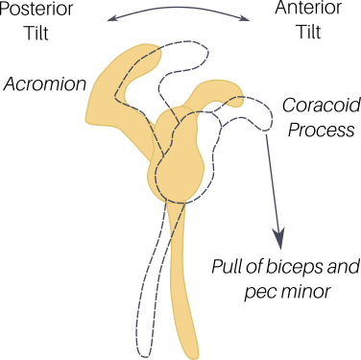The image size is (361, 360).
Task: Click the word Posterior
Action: coord(36,9)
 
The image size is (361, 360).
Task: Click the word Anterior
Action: coord(308,8)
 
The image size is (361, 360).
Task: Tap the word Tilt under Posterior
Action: coord(36,33)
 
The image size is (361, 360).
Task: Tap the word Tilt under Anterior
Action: coord(309,32)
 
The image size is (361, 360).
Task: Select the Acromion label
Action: coord(45,84)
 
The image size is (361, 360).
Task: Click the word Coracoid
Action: coord(321,106)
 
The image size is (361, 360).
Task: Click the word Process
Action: coord(322,131)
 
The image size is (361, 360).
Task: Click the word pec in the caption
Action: coord(257,293)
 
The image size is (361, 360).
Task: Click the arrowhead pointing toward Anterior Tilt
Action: coord(246,18)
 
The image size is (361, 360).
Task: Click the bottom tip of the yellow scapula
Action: coord(192,355)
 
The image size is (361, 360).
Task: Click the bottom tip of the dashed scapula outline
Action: coord(144,355)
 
